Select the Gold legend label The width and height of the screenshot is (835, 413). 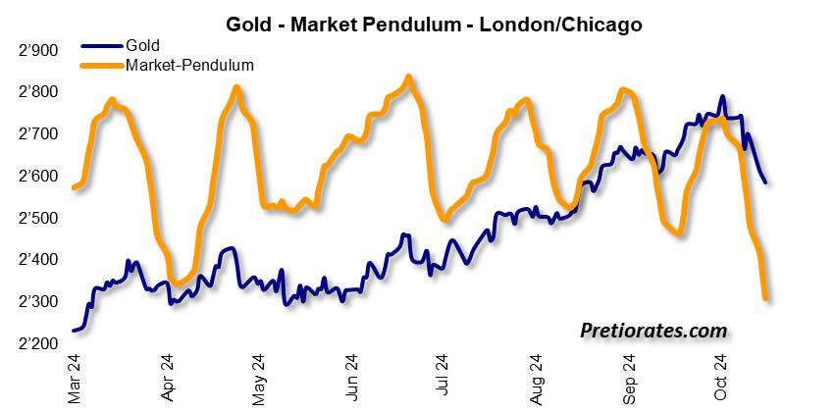click(142, 45)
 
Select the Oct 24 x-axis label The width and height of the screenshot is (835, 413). click(721, 377)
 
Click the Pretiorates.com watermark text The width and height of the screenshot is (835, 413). click(652, 332)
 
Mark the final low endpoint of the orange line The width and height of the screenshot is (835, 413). click(765, 297)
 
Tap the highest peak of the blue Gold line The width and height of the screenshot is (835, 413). click(723, 97)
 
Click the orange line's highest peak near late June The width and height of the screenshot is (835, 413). click(408, 77)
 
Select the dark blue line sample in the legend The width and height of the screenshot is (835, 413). click(100, 45)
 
